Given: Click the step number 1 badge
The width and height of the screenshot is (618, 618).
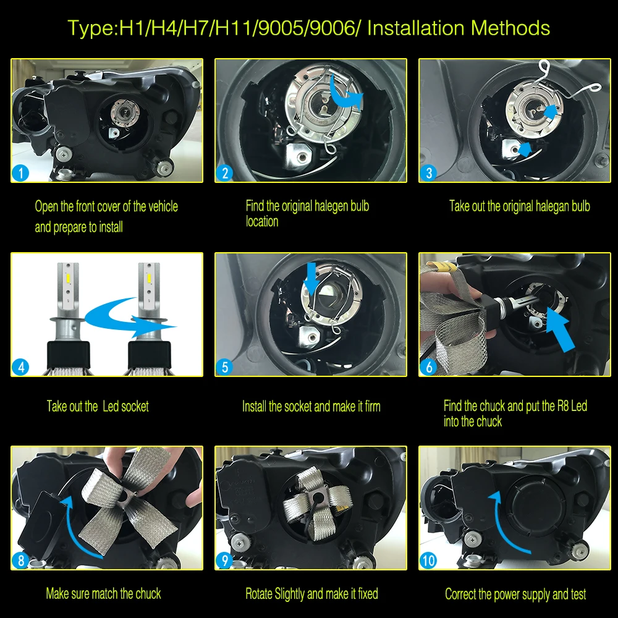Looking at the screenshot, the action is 20,172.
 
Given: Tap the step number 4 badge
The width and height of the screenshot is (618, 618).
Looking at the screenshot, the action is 20,367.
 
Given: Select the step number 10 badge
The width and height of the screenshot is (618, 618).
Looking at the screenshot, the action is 428,560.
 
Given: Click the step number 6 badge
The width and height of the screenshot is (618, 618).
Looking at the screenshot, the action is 428,367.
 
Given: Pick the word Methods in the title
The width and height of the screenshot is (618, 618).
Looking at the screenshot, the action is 510,28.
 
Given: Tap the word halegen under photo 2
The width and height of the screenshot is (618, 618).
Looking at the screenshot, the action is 327,206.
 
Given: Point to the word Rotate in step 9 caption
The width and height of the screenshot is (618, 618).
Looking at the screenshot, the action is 259,593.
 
